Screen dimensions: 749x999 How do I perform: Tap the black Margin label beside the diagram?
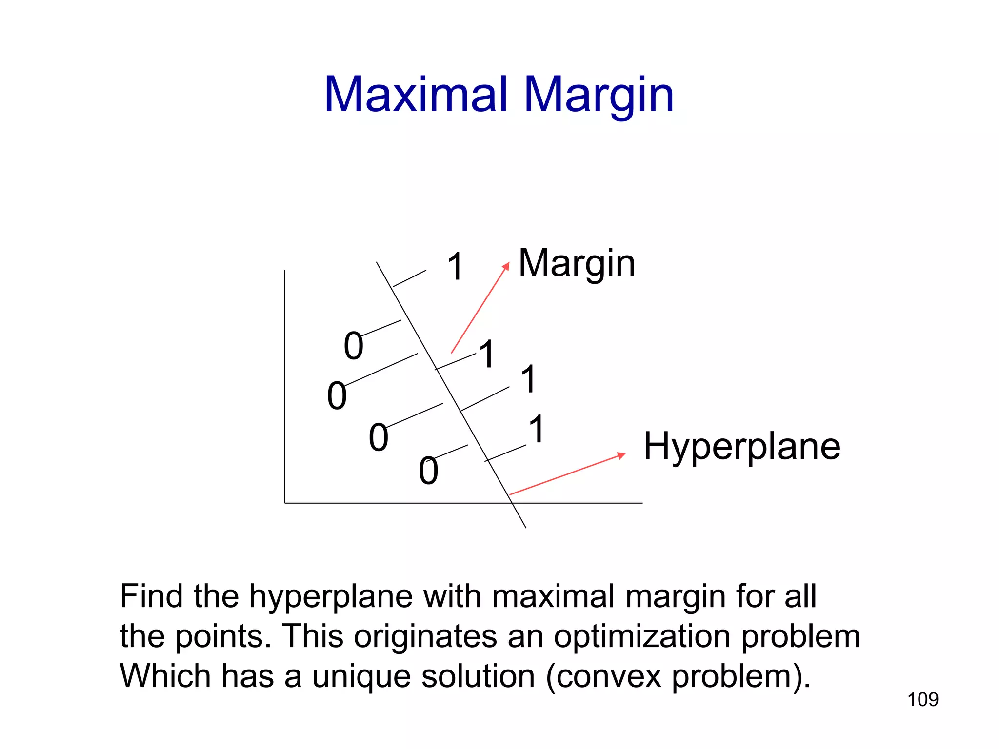tap(577, 263)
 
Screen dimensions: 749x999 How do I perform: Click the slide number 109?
tap(922, 700)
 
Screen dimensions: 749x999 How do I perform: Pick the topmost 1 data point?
tap(455, 267)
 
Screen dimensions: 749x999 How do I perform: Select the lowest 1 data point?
tap(537, 429)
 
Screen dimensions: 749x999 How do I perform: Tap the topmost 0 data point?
tap(354, 346)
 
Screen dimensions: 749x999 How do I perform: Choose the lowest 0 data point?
tap(428, 471)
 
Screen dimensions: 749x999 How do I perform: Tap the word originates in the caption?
tap(425, 636)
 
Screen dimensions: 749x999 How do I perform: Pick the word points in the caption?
tap(222, 636)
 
